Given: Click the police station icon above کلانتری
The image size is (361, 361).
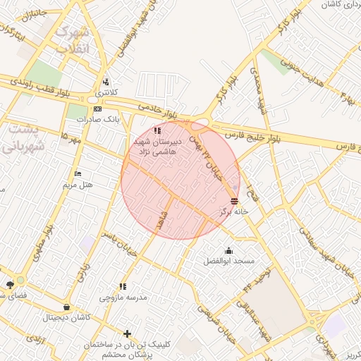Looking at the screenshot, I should (x=106, y=82).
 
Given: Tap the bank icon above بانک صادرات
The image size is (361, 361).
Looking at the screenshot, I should (x=97, y=109).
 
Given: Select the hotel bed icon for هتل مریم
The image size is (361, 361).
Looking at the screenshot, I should (x=78, y=174).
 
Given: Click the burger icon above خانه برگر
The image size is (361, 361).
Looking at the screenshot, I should (x=234, y=200).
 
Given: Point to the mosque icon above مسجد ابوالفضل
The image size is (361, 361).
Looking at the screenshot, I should (x=228, y=250).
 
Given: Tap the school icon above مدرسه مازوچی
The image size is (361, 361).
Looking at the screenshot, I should (x=123, y=286).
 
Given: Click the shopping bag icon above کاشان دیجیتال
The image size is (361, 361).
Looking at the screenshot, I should (x=66, y=307).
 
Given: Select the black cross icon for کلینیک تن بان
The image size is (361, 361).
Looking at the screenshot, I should (x=127, y=334).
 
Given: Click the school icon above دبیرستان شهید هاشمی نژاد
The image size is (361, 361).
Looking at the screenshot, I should (x=157, y=130).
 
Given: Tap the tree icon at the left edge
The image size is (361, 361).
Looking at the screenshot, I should (x=10, y=284).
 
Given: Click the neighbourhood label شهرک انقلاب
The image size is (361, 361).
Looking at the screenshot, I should (x=73, y=40).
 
